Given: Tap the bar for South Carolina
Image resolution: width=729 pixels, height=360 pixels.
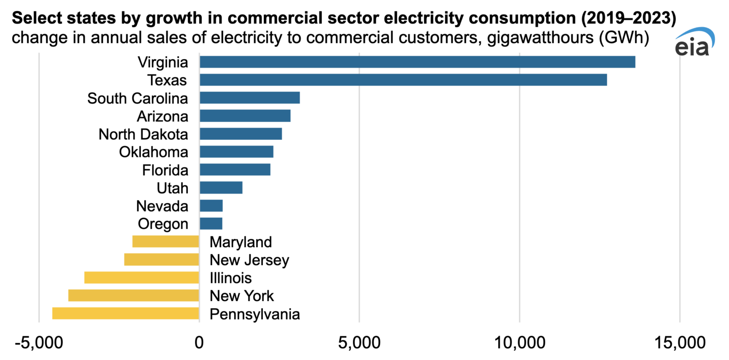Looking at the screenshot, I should click(249, 98).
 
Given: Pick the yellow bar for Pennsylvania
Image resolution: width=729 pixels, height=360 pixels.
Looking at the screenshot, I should click(125, 314).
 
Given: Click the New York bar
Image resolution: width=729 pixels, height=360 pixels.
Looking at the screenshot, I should click(133, 295).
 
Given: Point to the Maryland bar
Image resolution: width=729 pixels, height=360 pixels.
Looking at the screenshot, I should click(165, 241).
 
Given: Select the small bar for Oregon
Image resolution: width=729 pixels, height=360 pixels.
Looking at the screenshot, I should click(211, 223).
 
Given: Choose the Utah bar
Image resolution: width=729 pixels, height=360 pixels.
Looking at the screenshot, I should click(221, 188).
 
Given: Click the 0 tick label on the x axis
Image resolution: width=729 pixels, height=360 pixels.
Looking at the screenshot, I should click(199, 343).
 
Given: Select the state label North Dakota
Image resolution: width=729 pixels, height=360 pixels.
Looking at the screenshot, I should click(143, 134).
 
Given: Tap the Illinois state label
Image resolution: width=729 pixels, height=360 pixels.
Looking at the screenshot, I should click(231, 277).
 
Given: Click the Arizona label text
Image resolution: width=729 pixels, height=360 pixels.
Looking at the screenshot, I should click(162, 116).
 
